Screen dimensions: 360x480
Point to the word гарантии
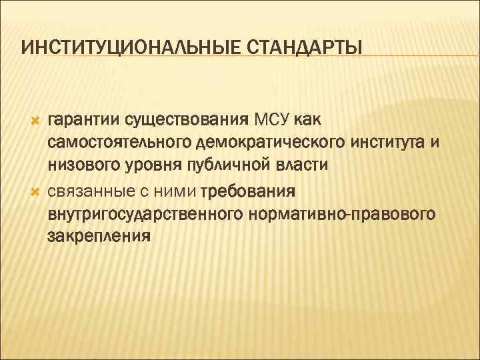81,121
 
